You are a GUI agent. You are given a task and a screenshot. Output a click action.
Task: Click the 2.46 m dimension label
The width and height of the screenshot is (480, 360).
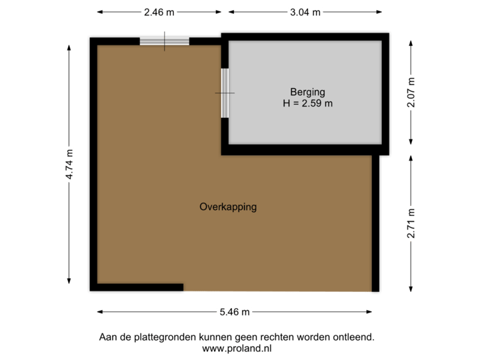tap(159, 11)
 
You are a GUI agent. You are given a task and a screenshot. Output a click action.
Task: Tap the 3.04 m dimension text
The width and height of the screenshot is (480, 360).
tap(306, 11)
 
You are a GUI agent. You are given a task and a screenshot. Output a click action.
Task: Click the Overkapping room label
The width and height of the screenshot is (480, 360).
tap(228, 207)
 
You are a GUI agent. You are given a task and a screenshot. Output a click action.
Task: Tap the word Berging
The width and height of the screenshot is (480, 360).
tap(307, 92)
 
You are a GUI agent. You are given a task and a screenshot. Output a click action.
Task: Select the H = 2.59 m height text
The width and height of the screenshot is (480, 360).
tap(307, 103)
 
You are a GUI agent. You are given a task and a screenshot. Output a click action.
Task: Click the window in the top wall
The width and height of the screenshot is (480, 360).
tap(165, 41)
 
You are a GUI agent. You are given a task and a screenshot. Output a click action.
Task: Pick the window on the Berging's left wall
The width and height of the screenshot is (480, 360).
tap(225, 93)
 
